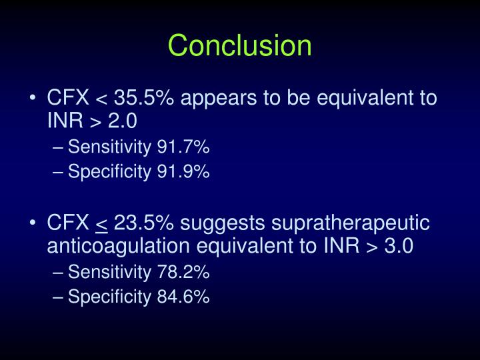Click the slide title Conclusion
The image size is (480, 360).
[x=240, y=46]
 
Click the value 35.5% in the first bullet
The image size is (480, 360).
[x=146, y=99]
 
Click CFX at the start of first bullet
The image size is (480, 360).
[x=68, y=99]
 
